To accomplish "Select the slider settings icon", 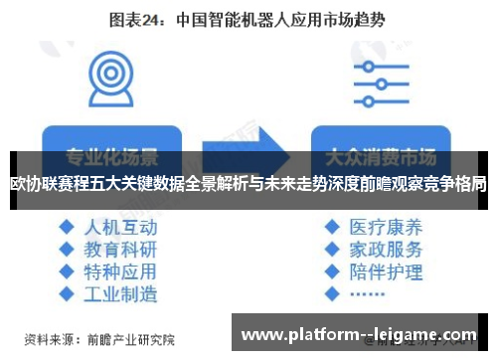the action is click(x=375, y=78).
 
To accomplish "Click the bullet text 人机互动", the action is click(x=120, y=225).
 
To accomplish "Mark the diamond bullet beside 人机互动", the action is click(x=67, y=226).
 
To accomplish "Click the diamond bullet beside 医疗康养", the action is click(x=331, y=226).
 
